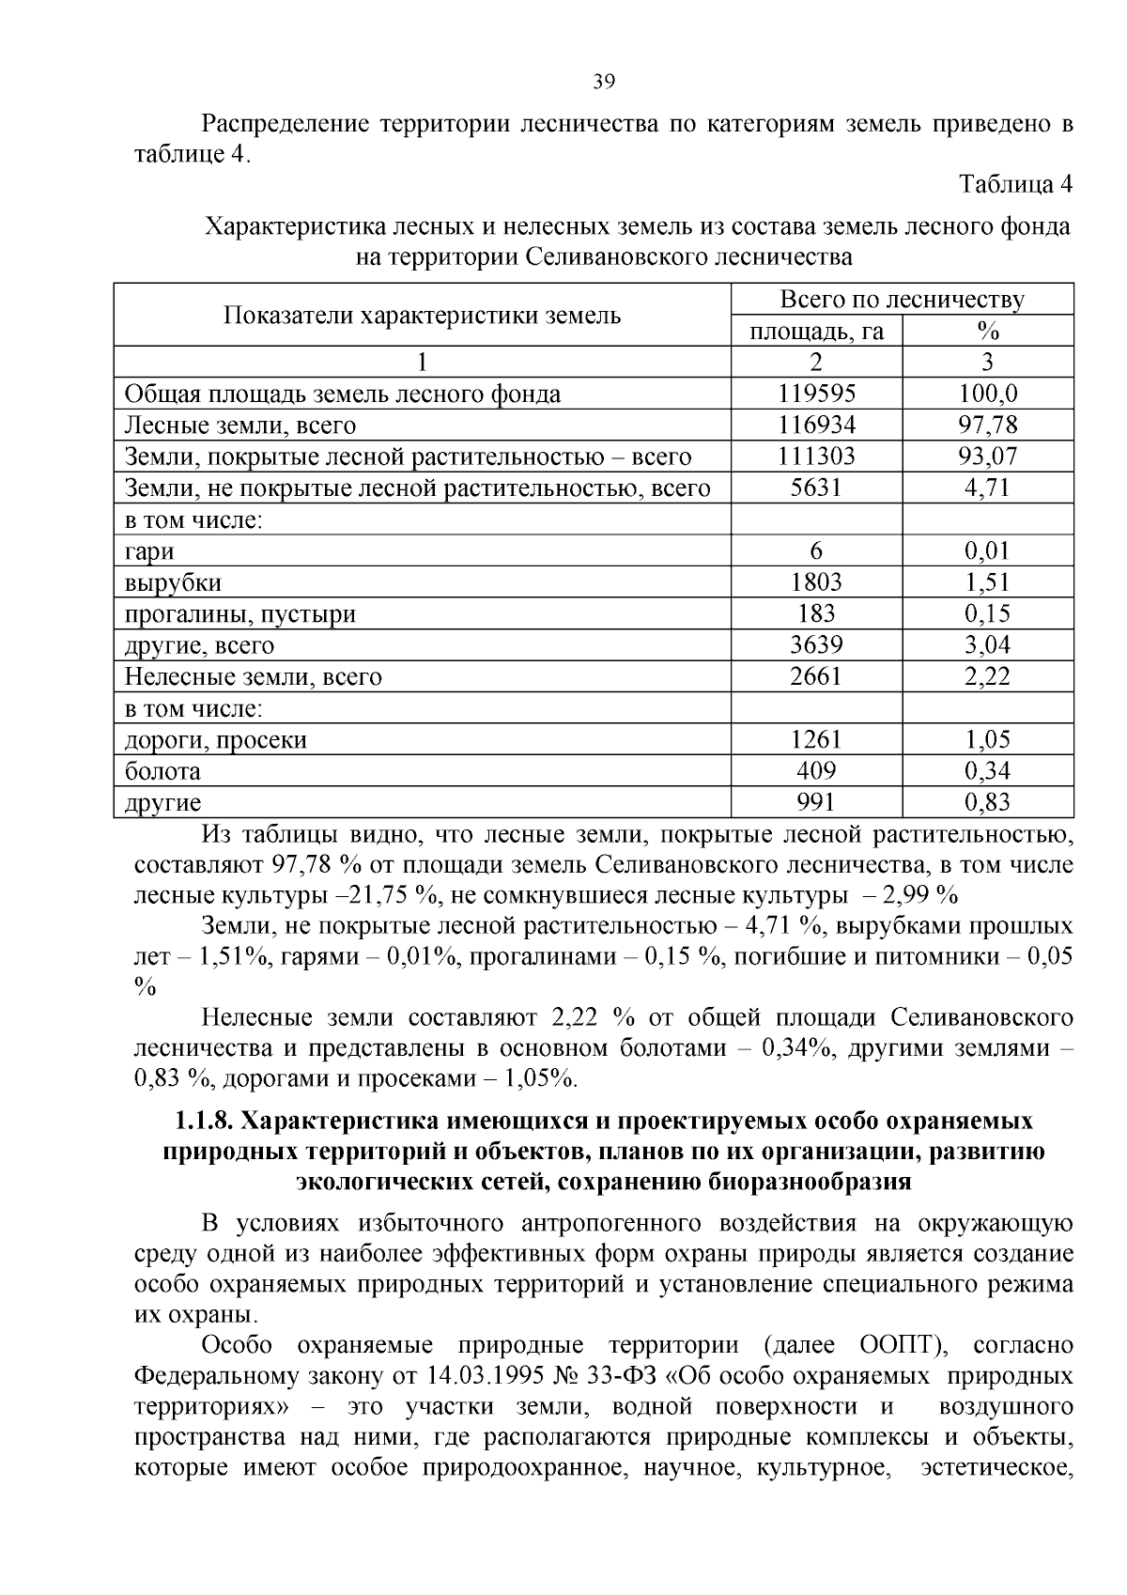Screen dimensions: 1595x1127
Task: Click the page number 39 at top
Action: point(604,82)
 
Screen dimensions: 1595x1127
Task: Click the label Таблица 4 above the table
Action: point(1014,184)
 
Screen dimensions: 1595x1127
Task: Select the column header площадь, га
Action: point(816,331)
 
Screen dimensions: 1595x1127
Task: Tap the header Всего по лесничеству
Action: point(902,300)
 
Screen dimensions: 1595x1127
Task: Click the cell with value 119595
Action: point(816,394)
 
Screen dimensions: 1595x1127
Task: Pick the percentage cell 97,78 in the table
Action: point(987,426)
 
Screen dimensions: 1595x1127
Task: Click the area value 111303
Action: point(816,457)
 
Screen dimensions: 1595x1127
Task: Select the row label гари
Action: point(149,551)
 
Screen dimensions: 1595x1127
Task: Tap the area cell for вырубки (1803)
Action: point(816,582)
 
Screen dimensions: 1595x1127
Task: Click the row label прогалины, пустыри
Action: point(240,614)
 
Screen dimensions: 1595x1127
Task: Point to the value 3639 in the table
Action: point(816,645)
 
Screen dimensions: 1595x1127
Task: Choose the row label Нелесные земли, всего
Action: point(254,677)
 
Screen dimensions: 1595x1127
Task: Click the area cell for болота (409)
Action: point(816,771)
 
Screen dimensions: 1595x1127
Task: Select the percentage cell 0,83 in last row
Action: point(987,802)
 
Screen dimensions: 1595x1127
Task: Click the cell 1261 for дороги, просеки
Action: point(816,740)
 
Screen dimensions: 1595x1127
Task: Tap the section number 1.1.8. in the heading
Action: point(204,1121)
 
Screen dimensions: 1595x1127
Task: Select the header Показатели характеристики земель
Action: point(422,315)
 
